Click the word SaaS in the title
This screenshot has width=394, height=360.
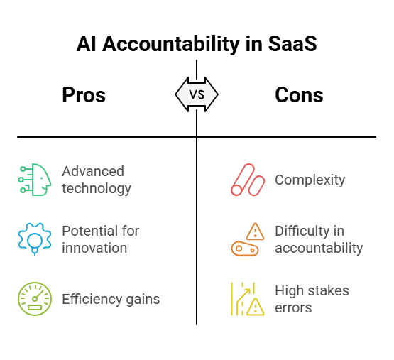click(x=292, y=44)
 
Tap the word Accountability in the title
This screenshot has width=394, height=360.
click(x=171, y=45)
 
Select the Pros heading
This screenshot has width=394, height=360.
click(x=84, y=95)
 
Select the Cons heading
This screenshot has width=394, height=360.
click(x=299, y=95)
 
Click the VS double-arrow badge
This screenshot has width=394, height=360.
click(x=197, y=94)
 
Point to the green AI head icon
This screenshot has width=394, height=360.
click(x=35, y=179)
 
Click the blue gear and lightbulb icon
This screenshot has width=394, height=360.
click(x=35, y=239)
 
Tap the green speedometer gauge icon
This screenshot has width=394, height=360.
click(x=35, y=299)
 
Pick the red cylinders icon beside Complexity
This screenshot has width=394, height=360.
click(x=248, y=180)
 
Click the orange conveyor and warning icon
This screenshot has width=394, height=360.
click(x=248, y=239)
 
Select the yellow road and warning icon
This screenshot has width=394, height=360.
click(x=248, y=299)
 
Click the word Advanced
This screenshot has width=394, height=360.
click(x=93, y=171)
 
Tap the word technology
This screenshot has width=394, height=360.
click(x=97, y=189)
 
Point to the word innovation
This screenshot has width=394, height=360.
click(x=94, y=248)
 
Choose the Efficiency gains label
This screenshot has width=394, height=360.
click(x=111, y=299)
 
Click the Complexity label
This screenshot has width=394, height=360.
click(x=310, y=180)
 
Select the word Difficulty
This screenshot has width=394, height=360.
click(x=302, y=231)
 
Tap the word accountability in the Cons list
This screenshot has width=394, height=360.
click(x=319, y=249)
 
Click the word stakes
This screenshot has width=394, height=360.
click(x=329, y=290)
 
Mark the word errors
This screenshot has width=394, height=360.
click(x=293, y=308)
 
